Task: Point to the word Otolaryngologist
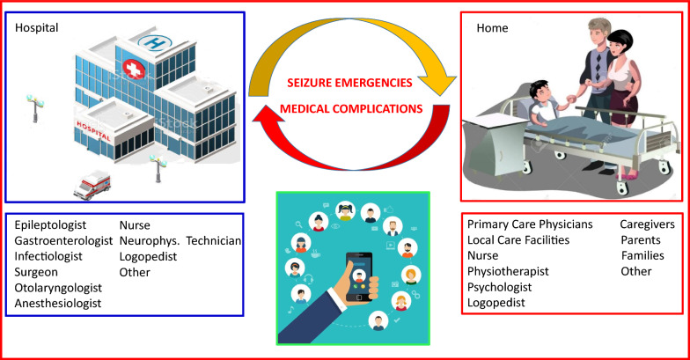(x=58, y=288)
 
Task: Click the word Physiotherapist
(x=510, y=271)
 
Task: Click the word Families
(x=642, y=255)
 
